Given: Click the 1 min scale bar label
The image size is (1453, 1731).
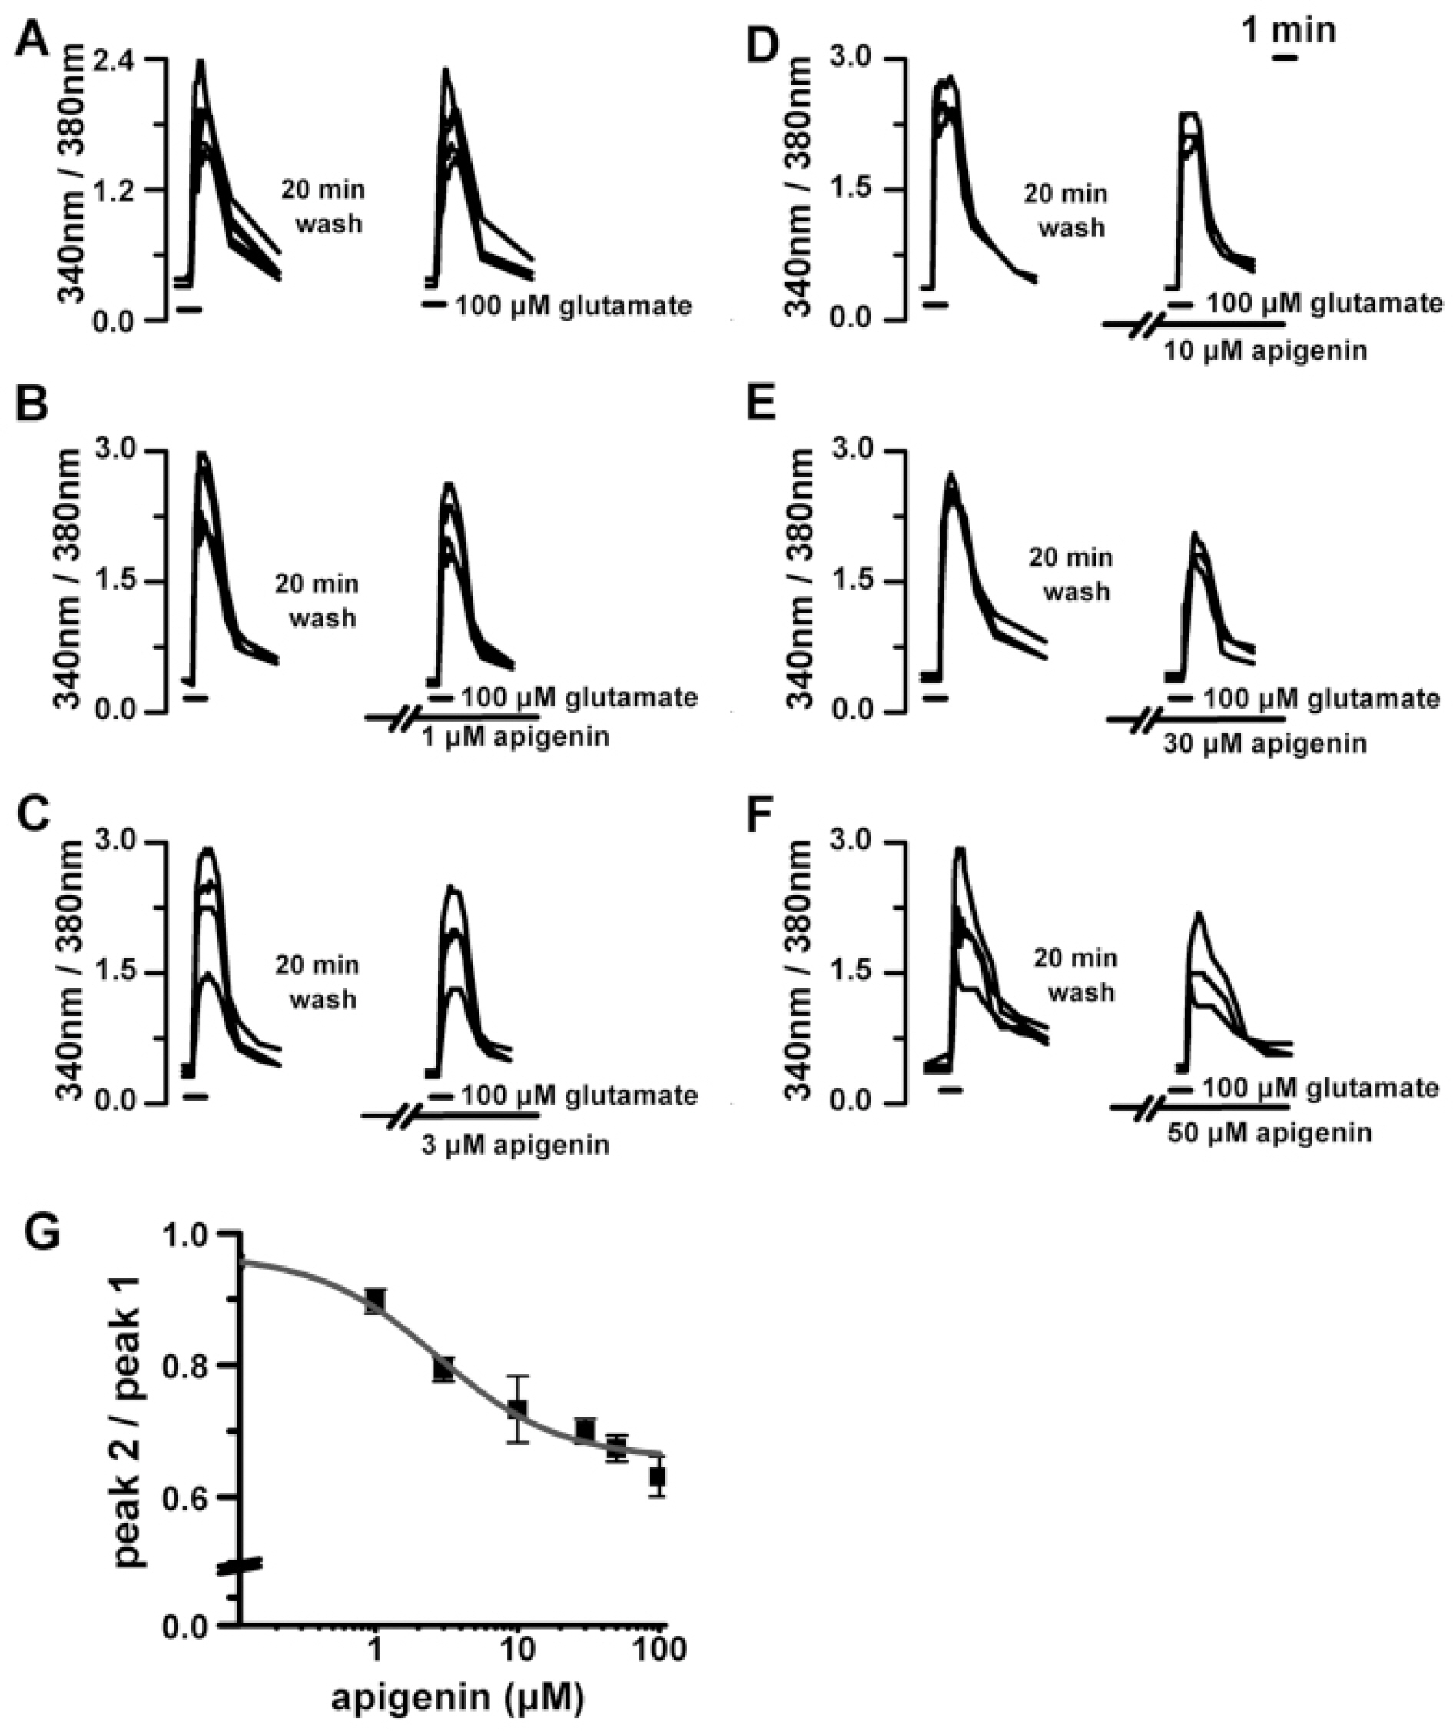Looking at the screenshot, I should pos(1288,30).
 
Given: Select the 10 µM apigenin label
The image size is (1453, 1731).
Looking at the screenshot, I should pos(1265,351).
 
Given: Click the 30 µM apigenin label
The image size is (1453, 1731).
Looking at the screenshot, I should pos(1265,743).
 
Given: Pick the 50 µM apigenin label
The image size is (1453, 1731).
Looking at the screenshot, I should pos(1270,1132).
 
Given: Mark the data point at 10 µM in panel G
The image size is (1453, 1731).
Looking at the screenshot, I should pos(518,1432).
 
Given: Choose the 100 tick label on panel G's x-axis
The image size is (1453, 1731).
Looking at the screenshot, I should pos(658,1653).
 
